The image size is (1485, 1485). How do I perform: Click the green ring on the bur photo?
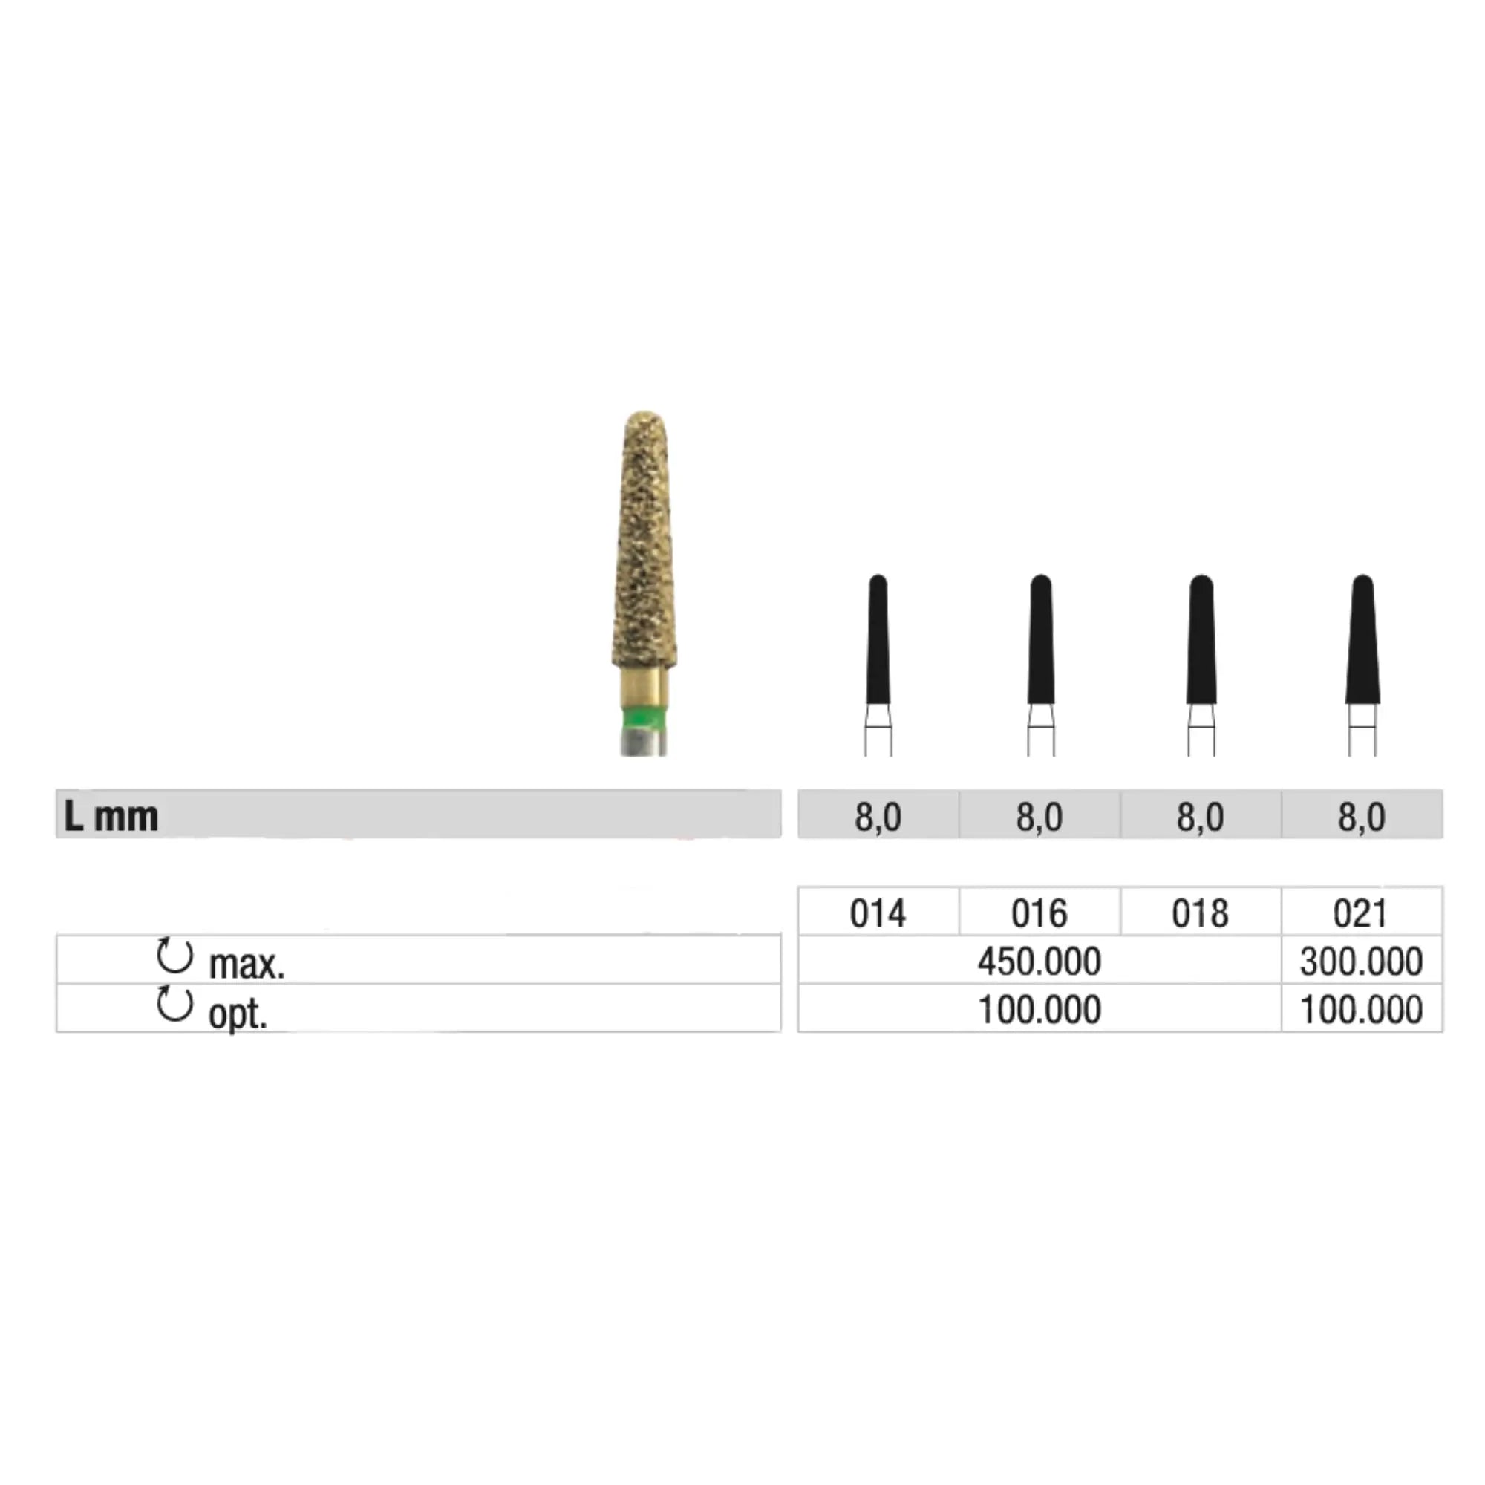[x=643, y=720]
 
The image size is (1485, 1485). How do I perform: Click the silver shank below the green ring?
[x=643, y=743]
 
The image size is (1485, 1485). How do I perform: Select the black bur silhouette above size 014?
[x=878, y=639]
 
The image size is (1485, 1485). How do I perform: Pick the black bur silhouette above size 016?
[x=1041, y=639]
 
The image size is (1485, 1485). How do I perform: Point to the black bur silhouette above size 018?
[x=1201, y=639]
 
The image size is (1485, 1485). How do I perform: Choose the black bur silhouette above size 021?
[x=1362, y=639]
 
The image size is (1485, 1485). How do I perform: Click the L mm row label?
[x=111, y=816]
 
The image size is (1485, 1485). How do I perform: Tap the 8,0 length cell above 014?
[x=878, y=816]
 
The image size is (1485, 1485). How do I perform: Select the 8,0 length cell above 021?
[x=1361, y=816]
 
